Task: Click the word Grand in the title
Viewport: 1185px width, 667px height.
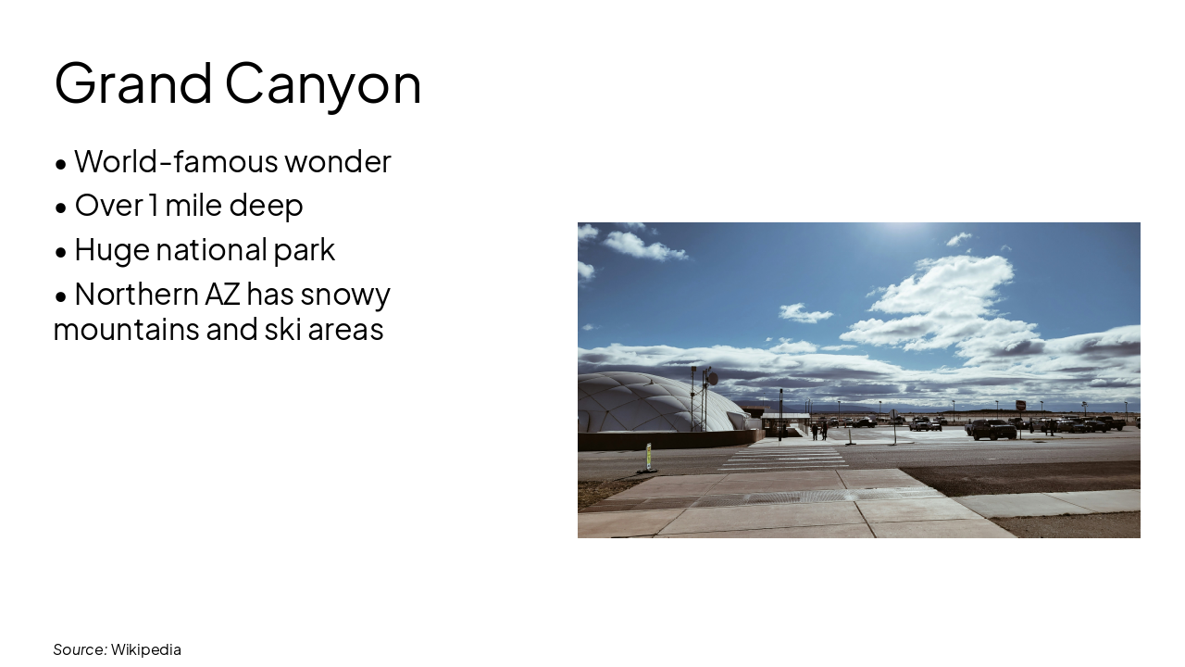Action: point(133,83)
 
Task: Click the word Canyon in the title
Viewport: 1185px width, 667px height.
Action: point(323,83)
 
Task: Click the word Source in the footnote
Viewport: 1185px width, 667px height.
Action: point(79,649)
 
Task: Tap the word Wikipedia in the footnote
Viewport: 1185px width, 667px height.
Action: point(146,649)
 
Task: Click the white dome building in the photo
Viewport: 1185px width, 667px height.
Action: point(648,403)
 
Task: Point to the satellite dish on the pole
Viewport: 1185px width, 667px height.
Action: point(712,379)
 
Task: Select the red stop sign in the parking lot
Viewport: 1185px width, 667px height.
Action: point(1021,405)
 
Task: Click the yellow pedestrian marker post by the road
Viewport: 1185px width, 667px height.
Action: point(649,456)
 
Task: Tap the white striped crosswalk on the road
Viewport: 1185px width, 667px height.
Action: point(787,458)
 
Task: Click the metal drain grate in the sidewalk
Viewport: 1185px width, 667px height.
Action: point(796,497)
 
